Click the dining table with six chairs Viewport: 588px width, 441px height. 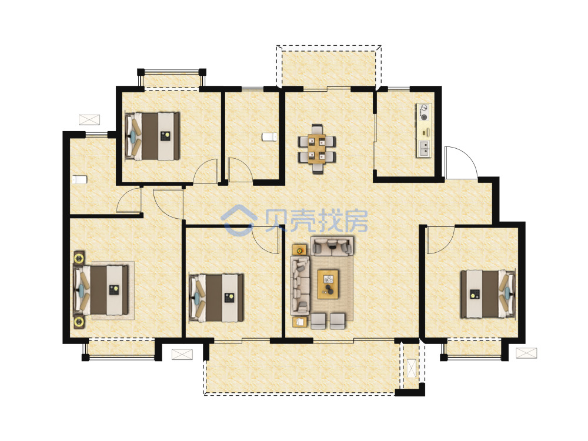click(317, 149)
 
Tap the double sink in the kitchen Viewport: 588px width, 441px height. click(424, 148)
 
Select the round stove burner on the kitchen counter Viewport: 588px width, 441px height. click(424, 118)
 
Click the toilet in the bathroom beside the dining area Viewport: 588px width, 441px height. click(269, 137)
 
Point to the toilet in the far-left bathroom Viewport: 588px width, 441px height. click(79, 179)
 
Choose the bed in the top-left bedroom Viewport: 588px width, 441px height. click(152, 136)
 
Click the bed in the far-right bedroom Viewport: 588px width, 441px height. click(488, 293)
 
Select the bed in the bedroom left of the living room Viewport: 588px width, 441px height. click(216, 298)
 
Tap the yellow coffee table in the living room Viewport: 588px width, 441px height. click(328, 284)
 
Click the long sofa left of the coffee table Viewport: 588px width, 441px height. click(300, 286)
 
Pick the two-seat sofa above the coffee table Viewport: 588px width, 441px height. click(332, 246)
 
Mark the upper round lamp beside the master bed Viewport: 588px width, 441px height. click(79, 258)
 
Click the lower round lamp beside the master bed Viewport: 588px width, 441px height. click(79, 322)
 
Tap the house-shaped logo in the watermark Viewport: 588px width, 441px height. click(239, 220)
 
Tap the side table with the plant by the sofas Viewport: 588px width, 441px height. click(299, 249)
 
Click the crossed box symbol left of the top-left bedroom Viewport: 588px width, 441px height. click(89, 119)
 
